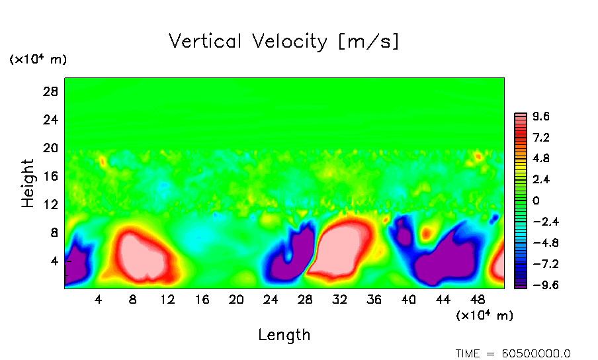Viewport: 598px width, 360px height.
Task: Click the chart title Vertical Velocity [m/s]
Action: tap(284, 42)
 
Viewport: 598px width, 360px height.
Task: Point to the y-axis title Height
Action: tap(28, 183)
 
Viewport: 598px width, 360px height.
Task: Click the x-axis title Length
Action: tap(284, 335)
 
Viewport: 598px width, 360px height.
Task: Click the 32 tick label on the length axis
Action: tap(339, 299)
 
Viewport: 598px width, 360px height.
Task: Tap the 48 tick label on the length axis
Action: tap(443, 299)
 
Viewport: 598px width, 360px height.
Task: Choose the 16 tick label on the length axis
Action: tap(202, 299)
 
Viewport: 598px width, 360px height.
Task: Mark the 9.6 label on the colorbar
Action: tap(542, 116)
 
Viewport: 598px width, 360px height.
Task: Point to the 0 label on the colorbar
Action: tap(536, 201)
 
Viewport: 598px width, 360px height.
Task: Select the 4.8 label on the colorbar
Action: tap(542, 159)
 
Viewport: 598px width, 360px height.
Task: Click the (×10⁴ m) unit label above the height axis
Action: tap(38, 60)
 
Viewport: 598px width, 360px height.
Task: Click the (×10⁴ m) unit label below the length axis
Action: tap(485, 316)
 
